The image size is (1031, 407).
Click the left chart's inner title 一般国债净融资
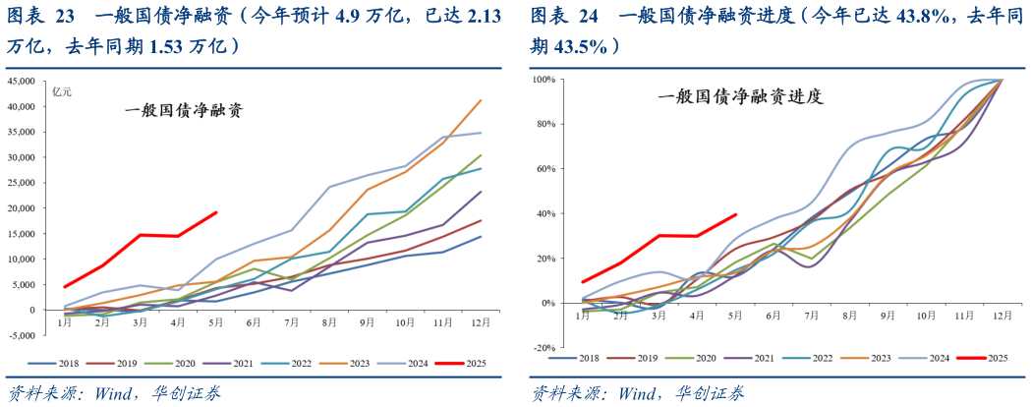183,111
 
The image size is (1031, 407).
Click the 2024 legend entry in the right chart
926,360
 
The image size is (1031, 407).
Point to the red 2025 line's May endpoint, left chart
216,212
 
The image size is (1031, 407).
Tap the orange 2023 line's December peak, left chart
481,99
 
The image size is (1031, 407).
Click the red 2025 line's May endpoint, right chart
736,214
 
